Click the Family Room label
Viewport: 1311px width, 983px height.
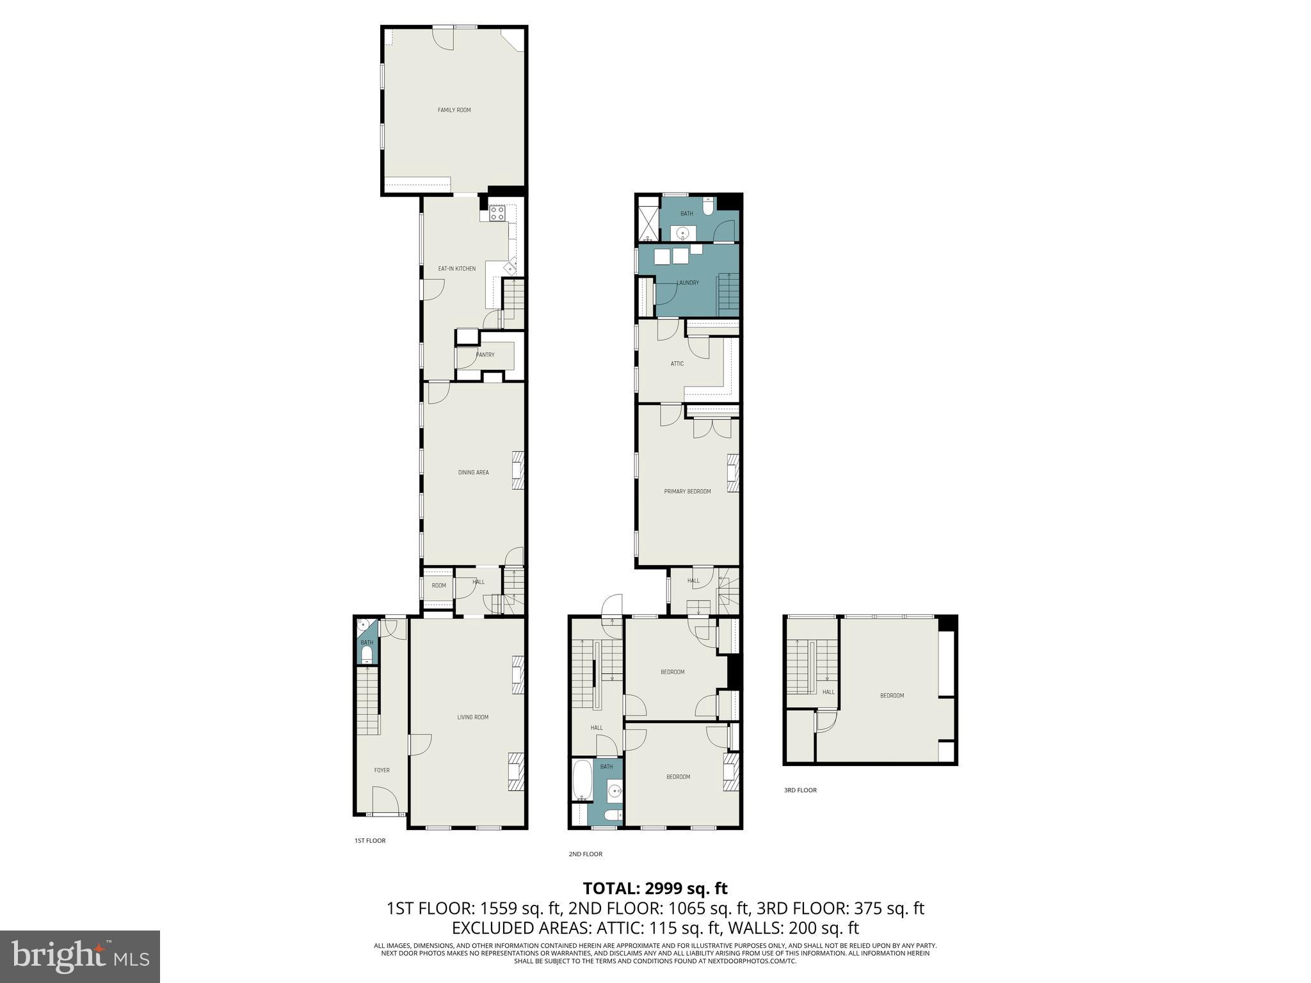454,110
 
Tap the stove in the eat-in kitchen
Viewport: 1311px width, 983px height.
497,214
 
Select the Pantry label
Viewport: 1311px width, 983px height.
485,355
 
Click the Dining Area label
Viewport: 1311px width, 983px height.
473,472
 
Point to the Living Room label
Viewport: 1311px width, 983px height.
472,717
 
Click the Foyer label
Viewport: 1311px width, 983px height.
382,771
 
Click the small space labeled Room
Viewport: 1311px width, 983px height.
438,586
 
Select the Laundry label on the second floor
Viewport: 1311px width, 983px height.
688,283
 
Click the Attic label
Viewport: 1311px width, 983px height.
677,364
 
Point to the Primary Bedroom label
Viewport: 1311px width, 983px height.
687,491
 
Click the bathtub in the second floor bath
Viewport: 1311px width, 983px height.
583,780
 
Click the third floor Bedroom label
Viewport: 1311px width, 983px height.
892,696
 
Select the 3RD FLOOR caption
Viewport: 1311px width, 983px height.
800,790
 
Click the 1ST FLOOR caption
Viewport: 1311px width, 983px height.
370,840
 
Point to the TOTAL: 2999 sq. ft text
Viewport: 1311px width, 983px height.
655,888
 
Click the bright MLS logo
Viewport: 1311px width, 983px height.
80,957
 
